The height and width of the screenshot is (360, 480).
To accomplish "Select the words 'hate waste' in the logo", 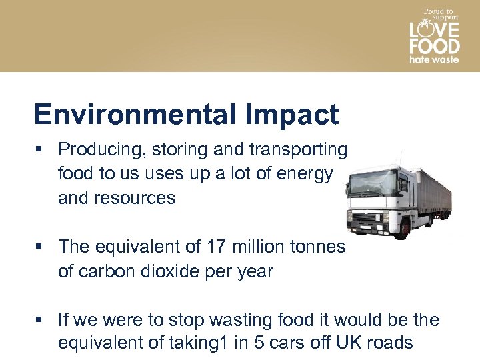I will [434, 59].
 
